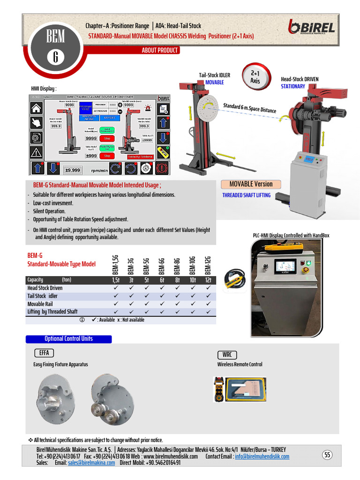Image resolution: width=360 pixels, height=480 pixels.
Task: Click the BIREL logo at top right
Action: coord(312,27)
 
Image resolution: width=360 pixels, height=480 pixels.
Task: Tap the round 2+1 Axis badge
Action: coord(255,77)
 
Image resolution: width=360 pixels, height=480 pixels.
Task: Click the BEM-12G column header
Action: coord(208,266)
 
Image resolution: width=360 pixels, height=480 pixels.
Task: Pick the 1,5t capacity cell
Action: coord(116,280)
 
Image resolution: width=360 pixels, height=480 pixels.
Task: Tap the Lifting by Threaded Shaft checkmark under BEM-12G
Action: coord(208,312)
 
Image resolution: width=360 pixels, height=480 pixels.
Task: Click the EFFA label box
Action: coord(44,353)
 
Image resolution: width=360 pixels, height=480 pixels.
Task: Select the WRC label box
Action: coord(227,355)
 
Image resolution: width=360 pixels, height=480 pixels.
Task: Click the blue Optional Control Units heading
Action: coord(68,339)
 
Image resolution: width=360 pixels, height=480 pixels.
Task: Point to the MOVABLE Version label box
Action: coord(251,184)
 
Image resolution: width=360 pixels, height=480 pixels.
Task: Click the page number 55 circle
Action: coord(328,455)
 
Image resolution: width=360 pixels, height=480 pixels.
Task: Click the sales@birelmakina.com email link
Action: coord(91,463)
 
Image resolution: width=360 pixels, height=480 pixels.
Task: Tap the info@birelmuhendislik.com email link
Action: coord(262,457)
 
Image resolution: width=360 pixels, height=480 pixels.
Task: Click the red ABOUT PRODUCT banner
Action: coord(160,51)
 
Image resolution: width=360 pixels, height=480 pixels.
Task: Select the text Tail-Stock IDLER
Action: coord(215,75)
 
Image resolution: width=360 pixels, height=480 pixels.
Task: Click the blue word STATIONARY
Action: coord(293,86)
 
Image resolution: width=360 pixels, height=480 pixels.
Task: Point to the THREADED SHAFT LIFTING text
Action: coord(246,195)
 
